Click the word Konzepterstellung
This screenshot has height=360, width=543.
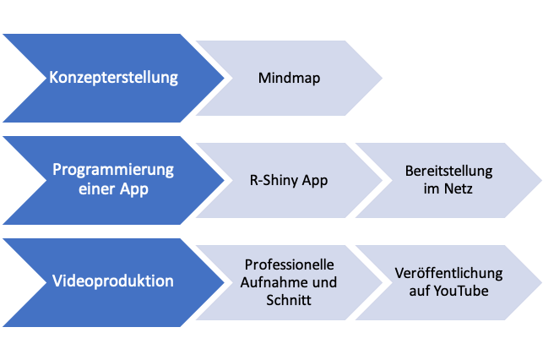pos(114,78)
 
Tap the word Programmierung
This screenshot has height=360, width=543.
pos(113,170)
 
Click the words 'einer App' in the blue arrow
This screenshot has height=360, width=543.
pos(113,189)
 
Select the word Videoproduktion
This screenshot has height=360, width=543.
pos(114,281)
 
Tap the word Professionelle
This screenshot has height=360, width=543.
pos(290,265)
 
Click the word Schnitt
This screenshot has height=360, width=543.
pos(290,300)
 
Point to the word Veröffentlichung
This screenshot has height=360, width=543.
pos(448,274)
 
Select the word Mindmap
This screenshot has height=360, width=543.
pos(290,79)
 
